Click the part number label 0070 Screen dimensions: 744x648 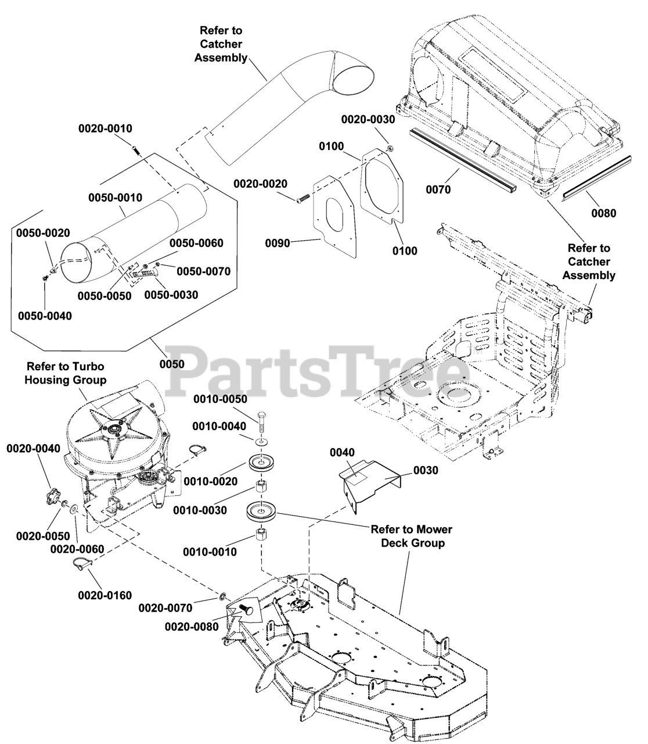click(438, 189)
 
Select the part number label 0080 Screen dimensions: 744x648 click(604, 213)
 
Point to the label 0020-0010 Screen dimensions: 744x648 click(105, 128)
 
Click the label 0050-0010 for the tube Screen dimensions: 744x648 click(115, 198)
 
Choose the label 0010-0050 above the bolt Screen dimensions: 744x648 click(220, 399)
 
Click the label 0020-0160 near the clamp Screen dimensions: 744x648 click(105, 595)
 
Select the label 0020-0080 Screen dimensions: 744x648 click(192, 627)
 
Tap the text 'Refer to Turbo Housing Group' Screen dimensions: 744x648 click(67, 373)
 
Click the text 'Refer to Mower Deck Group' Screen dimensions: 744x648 click(411, 536)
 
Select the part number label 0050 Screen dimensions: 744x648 click(171, 364)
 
